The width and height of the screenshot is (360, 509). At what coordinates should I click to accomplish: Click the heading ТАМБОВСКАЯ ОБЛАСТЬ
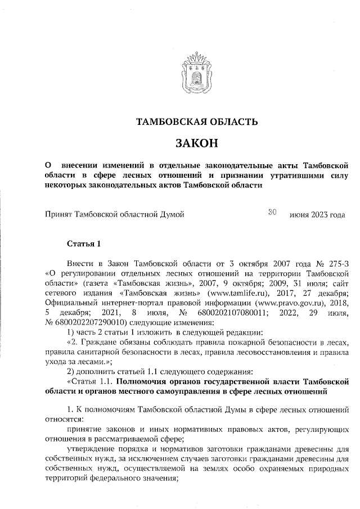coord(197,121)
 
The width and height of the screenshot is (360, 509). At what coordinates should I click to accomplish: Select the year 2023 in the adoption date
coord(320,214)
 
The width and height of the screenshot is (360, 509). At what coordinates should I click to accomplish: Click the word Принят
coord(58,214)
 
